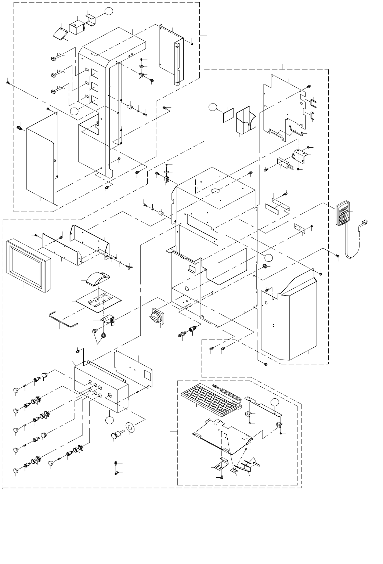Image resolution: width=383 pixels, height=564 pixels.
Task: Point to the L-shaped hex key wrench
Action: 62,319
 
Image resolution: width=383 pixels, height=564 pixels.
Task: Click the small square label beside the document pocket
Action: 228,115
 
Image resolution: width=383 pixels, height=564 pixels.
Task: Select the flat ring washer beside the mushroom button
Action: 130,427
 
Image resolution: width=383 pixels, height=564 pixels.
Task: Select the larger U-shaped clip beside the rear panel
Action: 314,103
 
